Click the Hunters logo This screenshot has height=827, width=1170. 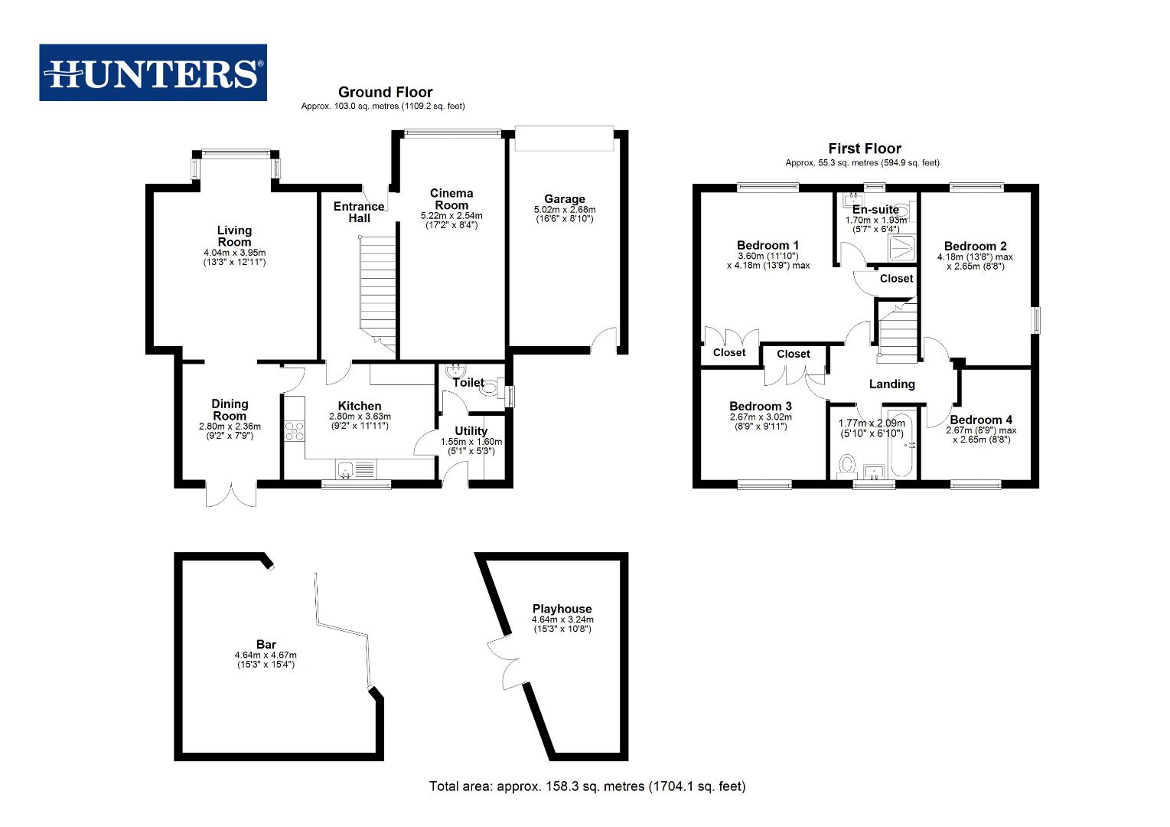(153, 73)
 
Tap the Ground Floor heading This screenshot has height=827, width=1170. (385, 92)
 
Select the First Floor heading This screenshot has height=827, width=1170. (865, 149)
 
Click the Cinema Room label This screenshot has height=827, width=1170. (451, 199)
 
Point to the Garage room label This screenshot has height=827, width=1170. (565, 199)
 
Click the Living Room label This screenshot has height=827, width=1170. (234, 236)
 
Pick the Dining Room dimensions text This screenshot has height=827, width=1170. (230, 431)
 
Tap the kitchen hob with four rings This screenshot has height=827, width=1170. (294, 431)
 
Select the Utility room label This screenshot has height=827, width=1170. (471, 431)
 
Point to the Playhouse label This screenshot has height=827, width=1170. (562, 609)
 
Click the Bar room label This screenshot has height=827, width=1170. (266, 645)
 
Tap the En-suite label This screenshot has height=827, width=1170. (875, 209)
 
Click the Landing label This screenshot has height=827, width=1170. (891, 384)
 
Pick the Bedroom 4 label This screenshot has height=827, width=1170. (981, 420)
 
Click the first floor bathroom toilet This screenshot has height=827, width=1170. (847, 464)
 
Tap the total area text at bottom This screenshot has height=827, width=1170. (587, 786)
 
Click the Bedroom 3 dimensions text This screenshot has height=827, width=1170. (761, 422)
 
